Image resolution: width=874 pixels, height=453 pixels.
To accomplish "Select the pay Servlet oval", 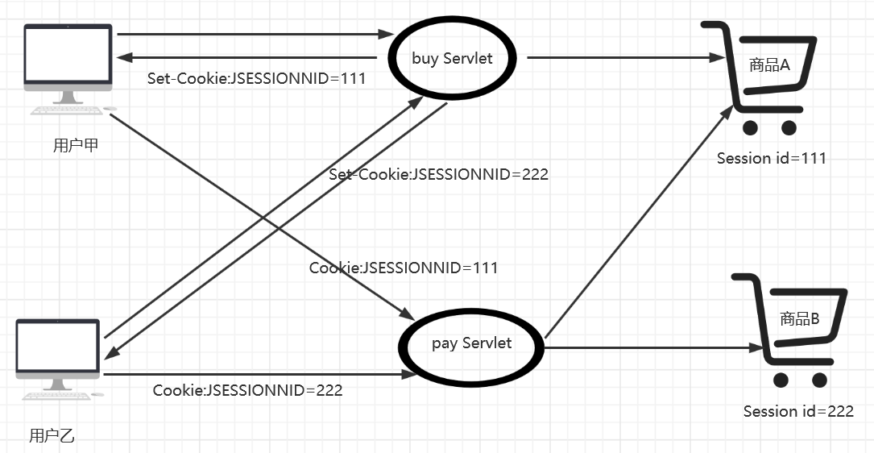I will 471,344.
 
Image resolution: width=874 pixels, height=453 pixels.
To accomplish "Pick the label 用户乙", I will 52,436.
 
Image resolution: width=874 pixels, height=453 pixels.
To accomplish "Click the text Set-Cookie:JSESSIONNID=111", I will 256,79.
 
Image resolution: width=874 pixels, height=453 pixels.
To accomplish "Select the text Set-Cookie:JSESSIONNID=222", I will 438,174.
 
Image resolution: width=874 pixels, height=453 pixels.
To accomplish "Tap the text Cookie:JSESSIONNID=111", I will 404,268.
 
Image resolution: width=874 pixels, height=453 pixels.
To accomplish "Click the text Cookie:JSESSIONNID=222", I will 247,390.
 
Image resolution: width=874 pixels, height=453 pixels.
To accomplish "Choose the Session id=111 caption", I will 771,158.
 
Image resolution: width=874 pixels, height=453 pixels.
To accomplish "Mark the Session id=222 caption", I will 797,411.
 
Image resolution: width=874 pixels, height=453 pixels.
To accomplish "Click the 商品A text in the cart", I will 768,65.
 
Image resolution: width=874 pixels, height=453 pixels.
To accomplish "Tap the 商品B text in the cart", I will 799,319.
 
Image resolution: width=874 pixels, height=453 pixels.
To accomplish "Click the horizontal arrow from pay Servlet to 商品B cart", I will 652,348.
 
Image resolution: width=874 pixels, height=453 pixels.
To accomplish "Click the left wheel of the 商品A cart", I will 752,127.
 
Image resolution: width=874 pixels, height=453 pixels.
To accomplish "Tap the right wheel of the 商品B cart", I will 819,380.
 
